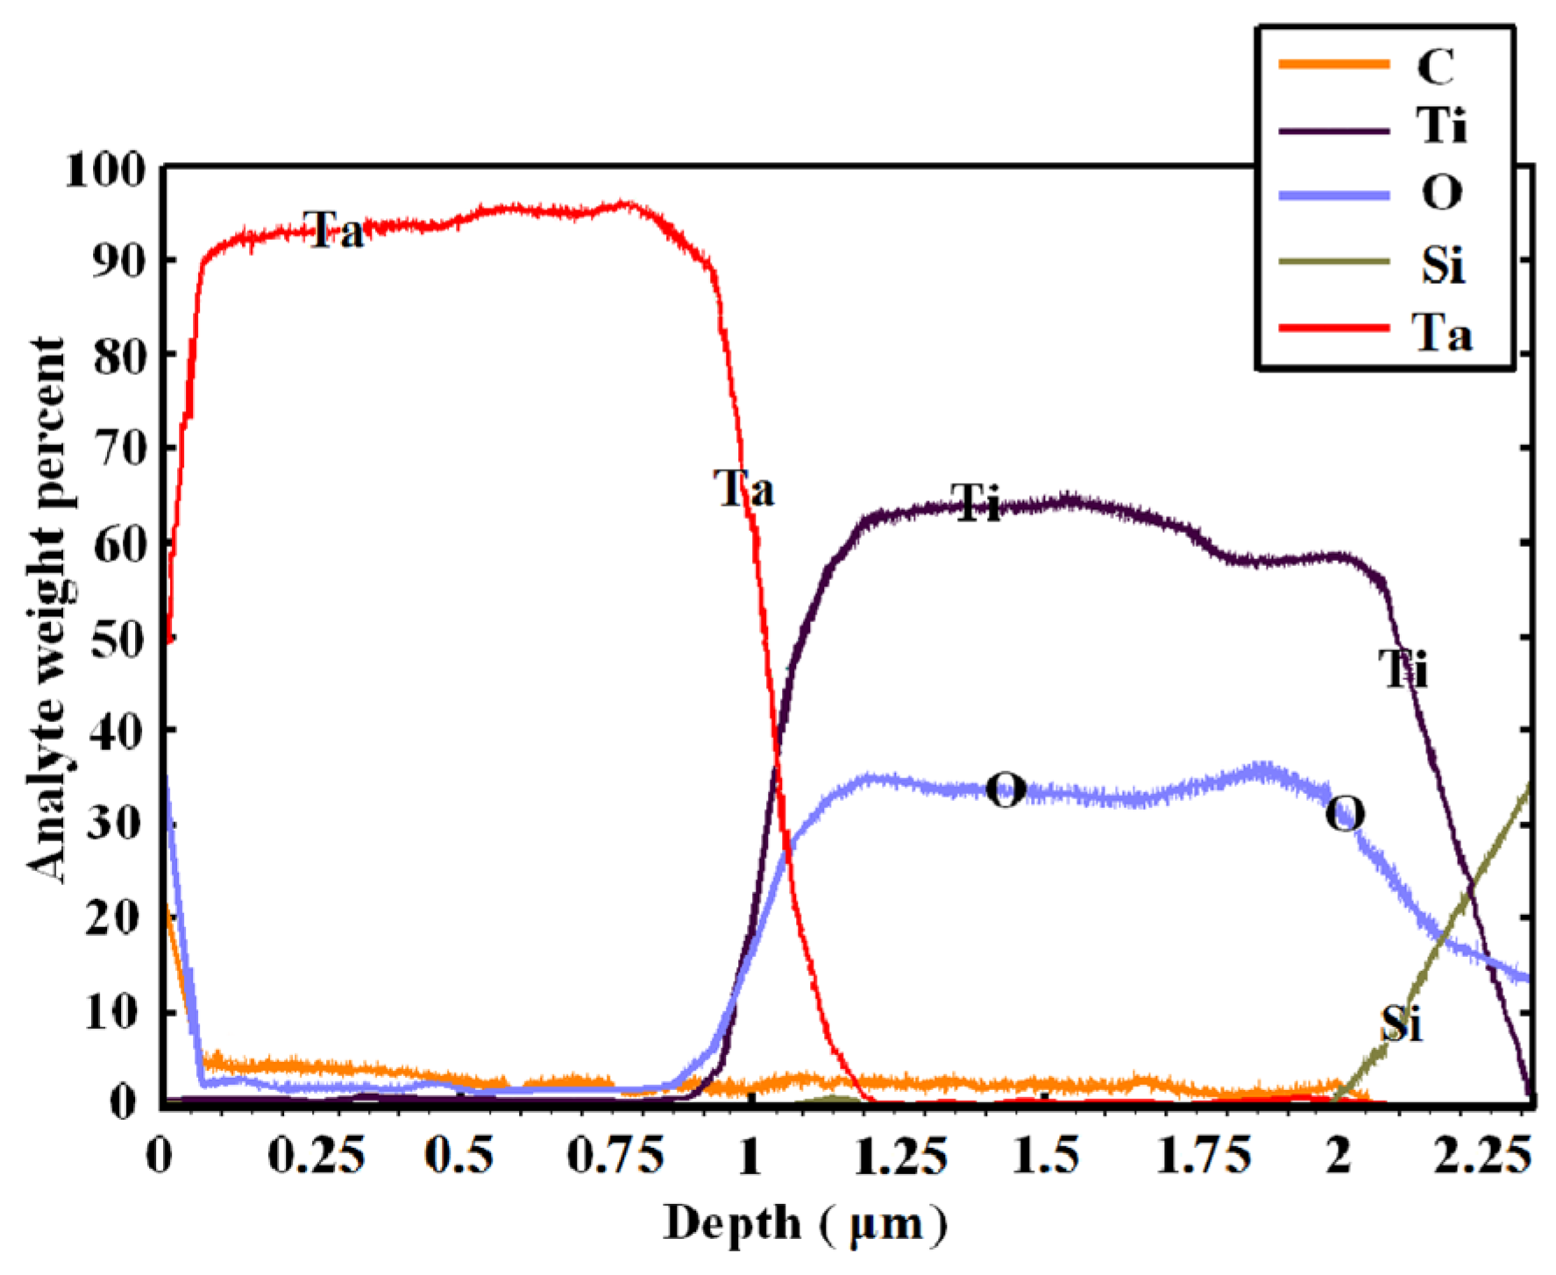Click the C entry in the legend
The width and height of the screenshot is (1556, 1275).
(1435, 66)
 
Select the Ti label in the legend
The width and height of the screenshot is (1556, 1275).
(1440, 125)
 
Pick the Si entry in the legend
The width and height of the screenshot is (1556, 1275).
(1442, 264)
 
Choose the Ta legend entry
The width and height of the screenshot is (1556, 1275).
(1441, 332)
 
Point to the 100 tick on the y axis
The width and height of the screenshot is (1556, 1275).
(103, 170)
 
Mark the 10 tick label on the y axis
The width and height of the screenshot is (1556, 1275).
(112, 1013)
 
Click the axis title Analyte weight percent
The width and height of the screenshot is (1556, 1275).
(46, 609)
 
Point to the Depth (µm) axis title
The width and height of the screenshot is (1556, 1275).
(805, 1224)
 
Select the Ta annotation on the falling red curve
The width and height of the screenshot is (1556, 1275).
(743, 488)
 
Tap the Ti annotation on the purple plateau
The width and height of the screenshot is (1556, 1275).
(975, 503)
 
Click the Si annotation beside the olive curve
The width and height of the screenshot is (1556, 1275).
(1401, 1023)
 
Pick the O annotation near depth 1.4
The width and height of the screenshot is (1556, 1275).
(1005, 790)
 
